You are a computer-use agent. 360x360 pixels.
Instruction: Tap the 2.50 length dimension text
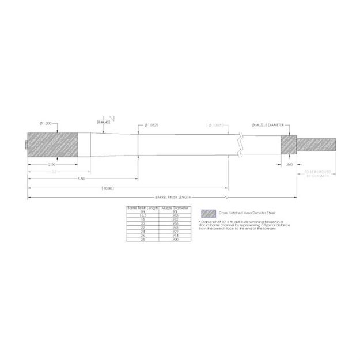[x=52, y=165]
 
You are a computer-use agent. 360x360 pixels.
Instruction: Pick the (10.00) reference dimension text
[x=107, y=188]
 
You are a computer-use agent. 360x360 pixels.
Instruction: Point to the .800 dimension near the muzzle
[x=289, y=164]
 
